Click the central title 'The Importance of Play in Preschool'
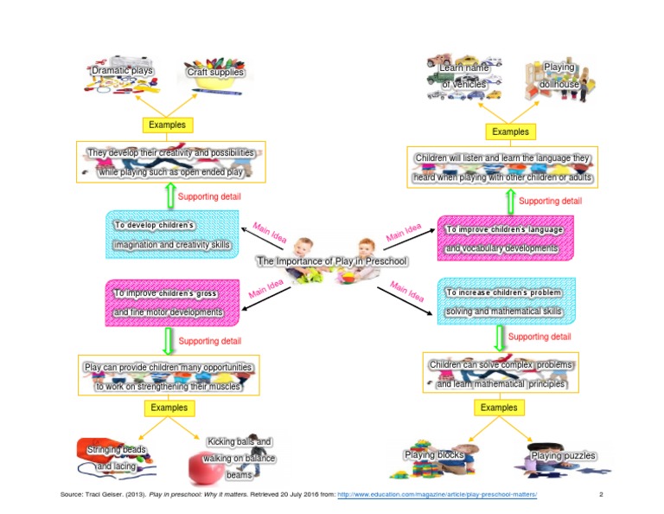coord(331,260)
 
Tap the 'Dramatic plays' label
coord(122,71)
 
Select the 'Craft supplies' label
coord(215,73)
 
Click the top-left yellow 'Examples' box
coord(167,125)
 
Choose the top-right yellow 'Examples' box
coord(510,132)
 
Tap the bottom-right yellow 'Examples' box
coord(499,407)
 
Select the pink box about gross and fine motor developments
coord(168,302)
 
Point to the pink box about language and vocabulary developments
coord(503,239)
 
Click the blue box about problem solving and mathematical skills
coord(503,301)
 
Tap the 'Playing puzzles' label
coord(563,455)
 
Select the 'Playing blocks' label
coord(434,454)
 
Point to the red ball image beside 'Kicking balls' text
coord(205,468)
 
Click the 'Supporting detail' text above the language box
coord(550,201)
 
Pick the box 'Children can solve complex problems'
coord(501,374)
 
